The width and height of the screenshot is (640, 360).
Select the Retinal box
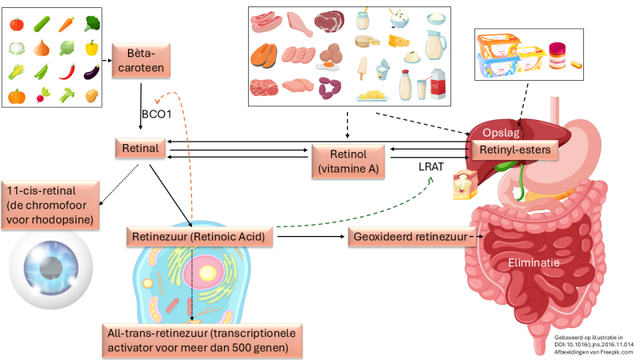click(x=139, y=148)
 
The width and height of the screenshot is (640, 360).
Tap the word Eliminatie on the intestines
click(x=533, y=262)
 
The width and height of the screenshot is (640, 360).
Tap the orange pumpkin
click(x=16, y=97)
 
